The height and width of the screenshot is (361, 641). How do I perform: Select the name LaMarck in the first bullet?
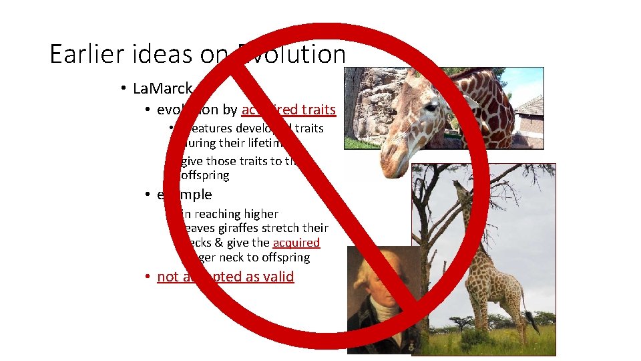163,88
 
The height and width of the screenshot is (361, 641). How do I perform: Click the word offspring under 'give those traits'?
205,175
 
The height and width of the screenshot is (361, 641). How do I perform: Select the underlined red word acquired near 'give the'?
296,243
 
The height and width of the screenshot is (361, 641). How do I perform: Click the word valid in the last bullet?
276,277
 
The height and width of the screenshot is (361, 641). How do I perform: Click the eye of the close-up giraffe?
431,107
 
